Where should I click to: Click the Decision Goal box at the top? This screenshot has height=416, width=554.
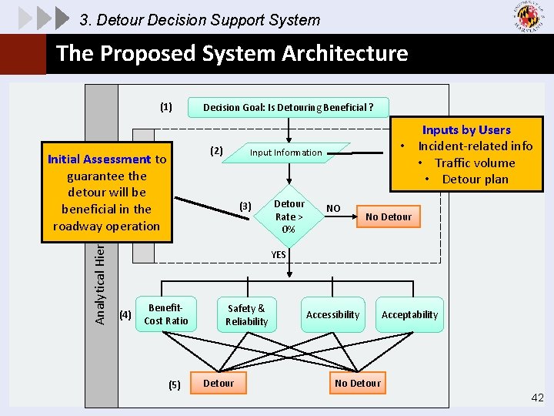click(x=289, y=107)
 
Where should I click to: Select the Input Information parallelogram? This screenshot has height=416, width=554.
click(x=286, y=153)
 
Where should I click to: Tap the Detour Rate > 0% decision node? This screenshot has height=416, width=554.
click(x=289, y=216)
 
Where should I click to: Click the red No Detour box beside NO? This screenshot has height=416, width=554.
click(x=389, y=216)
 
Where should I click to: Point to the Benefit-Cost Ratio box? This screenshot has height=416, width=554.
click(x=165, y=314)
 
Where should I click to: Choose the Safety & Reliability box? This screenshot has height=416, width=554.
click(x=246, y=314)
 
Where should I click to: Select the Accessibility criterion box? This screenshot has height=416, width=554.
click(x=332, y=314)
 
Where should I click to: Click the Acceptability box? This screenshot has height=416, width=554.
click(x=409, y=314)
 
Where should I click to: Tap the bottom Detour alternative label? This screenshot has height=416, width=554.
click(x=219, y=383)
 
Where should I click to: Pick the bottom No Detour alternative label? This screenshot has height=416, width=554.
click(x=358, y=383)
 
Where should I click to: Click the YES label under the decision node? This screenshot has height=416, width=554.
click(x=279, y=254)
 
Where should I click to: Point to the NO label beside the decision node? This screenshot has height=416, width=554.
click(x=333, y=208)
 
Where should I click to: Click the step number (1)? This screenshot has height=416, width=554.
click(x=166, y=107)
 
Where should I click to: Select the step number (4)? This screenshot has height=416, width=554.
click(x=125, y=314)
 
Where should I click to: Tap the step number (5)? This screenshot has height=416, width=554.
click(x=174, y=384)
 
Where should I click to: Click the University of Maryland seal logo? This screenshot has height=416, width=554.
click(x=527, y=17)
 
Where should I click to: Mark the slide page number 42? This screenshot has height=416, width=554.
click(x=537, y=398)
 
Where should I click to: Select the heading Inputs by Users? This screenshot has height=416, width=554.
click(x=466, y=129)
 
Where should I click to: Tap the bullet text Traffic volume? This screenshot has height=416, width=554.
click(x=475, y=163)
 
